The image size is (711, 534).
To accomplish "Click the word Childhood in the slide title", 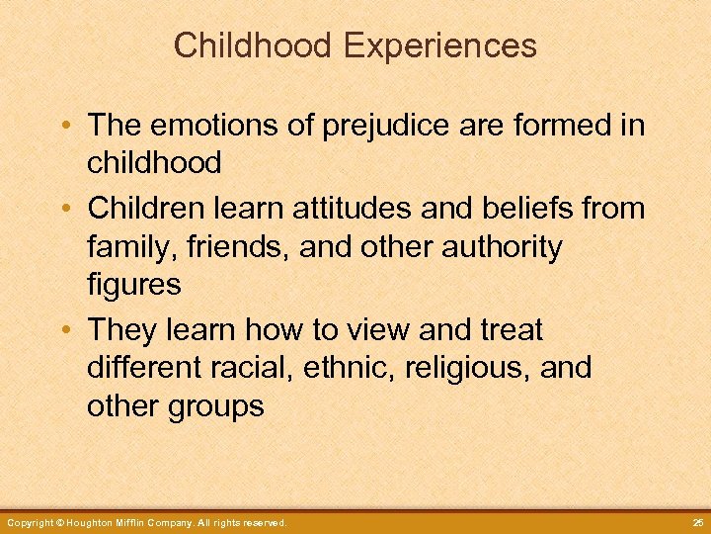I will pos(257,45).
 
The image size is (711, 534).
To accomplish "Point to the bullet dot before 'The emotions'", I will pos(66,127).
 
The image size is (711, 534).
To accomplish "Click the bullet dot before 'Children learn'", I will pos(66,210).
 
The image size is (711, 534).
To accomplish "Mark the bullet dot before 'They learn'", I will pos(66,330).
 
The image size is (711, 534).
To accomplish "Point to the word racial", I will pos(261,368).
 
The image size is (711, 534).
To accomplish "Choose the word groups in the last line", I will pos(214,406).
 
